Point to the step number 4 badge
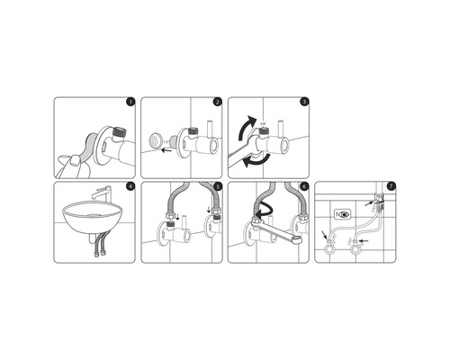click(x=130, y=187)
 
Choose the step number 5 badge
click(x=216, y=187)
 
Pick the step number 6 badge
click(x=304, y=187)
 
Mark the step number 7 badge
click(x=391, y=187)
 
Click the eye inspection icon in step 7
click(x=342, y=215)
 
